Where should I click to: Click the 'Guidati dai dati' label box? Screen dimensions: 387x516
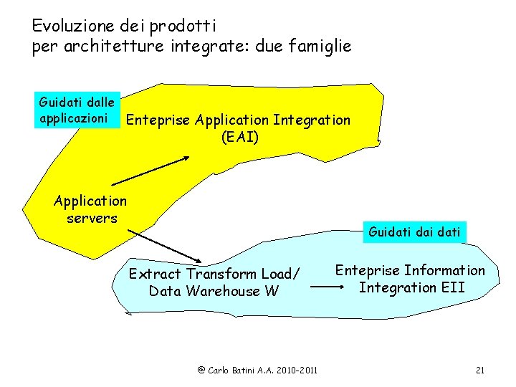coord(415,231)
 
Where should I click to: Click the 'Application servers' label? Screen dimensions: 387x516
coord(91,209)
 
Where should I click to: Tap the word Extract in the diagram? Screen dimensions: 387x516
coord(155,274)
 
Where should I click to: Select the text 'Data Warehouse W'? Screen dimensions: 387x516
coord(214,291)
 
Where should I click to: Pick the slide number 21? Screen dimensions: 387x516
coord(480,370)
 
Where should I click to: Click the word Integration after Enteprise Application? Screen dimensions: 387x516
coord(312,120)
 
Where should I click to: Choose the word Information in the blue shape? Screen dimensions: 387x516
coord(444,271)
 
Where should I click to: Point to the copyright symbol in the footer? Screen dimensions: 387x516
coord(201,370)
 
